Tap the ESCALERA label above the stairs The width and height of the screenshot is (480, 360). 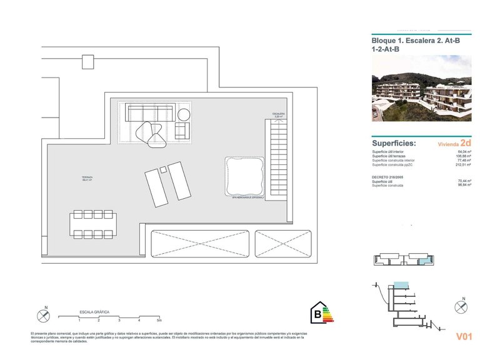point(277,114)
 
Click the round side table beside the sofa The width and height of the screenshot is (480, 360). point(184,114)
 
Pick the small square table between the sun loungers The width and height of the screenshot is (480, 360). point(163,169)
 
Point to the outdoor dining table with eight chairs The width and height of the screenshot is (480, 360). point(92,224)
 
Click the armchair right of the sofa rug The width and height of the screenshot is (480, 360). point(181,131)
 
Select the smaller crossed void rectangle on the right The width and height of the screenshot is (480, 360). point(282,242)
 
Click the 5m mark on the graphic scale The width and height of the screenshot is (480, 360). point(159,320)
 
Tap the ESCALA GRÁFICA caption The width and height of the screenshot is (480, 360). point(94,311)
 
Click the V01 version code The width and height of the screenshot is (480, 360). point(463,337)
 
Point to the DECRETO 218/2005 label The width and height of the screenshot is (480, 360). point(387,177)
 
